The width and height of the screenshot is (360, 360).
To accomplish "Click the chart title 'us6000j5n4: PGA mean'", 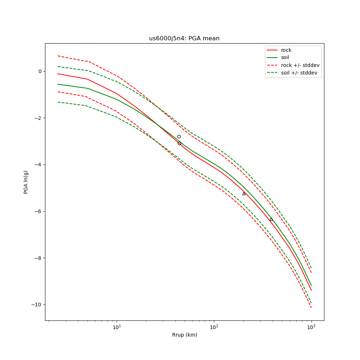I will click(184, 39).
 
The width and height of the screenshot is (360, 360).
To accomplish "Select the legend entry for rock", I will click(286, 50).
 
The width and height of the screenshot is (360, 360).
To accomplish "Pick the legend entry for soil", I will click(285, 58).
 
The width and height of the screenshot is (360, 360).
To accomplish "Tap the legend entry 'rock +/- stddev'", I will click(300, 65).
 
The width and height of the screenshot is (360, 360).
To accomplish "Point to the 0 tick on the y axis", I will click(40, 71).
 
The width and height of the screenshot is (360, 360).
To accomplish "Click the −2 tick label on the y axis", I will click(38, 118).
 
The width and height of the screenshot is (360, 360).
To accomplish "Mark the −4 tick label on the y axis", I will click(38, 165).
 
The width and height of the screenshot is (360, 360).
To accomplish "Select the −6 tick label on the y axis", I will click(38, 211).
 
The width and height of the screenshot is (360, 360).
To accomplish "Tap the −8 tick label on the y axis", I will click(38, 258).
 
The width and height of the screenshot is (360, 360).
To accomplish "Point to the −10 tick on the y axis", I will click(36, 305).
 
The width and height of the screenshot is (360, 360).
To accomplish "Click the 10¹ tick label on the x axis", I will click(117, 327).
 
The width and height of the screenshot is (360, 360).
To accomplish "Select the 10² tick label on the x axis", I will click(214, 327).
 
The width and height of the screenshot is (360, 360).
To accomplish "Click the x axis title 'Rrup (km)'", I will click(184, 335).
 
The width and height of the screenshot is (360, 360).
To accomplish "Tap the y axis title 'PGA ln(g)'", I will click(26, 182).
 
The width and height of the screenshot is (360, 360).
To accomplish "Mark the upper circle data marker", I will click(179, 137).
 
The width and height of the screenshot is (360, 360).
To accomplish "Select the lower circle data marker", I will click(179, 143).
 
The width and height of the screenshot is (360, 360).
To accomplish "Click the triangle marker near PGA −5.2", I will click(244, 194).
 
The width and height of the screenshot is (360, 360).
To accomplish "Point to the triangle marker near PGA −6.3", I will click(271, 219).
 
